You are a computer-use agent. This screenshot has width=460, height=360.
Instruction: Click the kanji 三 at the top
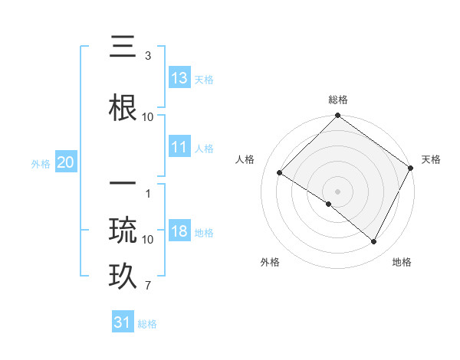coord(123,50)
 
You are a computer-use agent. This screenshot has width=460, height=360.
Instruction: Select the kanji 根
coord(123,107)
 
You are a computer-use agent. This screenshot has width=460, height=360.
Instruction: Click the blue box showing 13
coord(179,78)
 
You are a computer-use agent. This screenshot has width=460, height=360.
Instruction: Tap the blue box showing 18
coord(179,232)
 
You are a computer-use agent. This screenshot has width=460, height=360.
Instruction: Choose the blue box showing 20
coord(65,162)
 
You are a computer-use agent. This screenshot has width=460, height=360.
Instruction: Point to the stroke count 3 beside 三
coord(147,57)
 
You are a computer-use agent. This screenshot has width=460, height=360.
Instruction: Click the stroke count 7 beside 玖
coord(147,286)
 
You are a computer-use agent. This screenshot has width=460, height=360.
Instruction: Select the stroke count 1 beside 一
coord(147,193)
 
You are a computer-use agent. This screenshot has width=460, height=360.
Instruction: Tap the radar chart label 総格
coord(338,100)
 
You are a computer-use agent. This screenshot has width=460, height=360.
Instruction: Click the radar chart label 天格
coord(431,159)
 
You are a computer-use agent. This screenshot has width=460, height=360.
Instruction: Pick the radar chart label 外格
coord(270,262)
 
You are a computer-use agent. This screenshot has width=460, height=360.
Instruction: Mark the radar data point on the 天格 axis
coord(411,167)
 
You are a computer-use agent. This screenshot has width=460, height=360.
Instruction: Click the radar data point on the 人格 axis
coord(280,172)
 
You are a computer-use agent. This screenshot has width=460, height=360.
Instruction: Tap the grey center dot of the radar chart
coord(337,191)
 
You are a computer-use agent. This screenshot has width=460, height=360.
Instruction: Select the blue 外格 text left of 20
coord(41,163)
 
